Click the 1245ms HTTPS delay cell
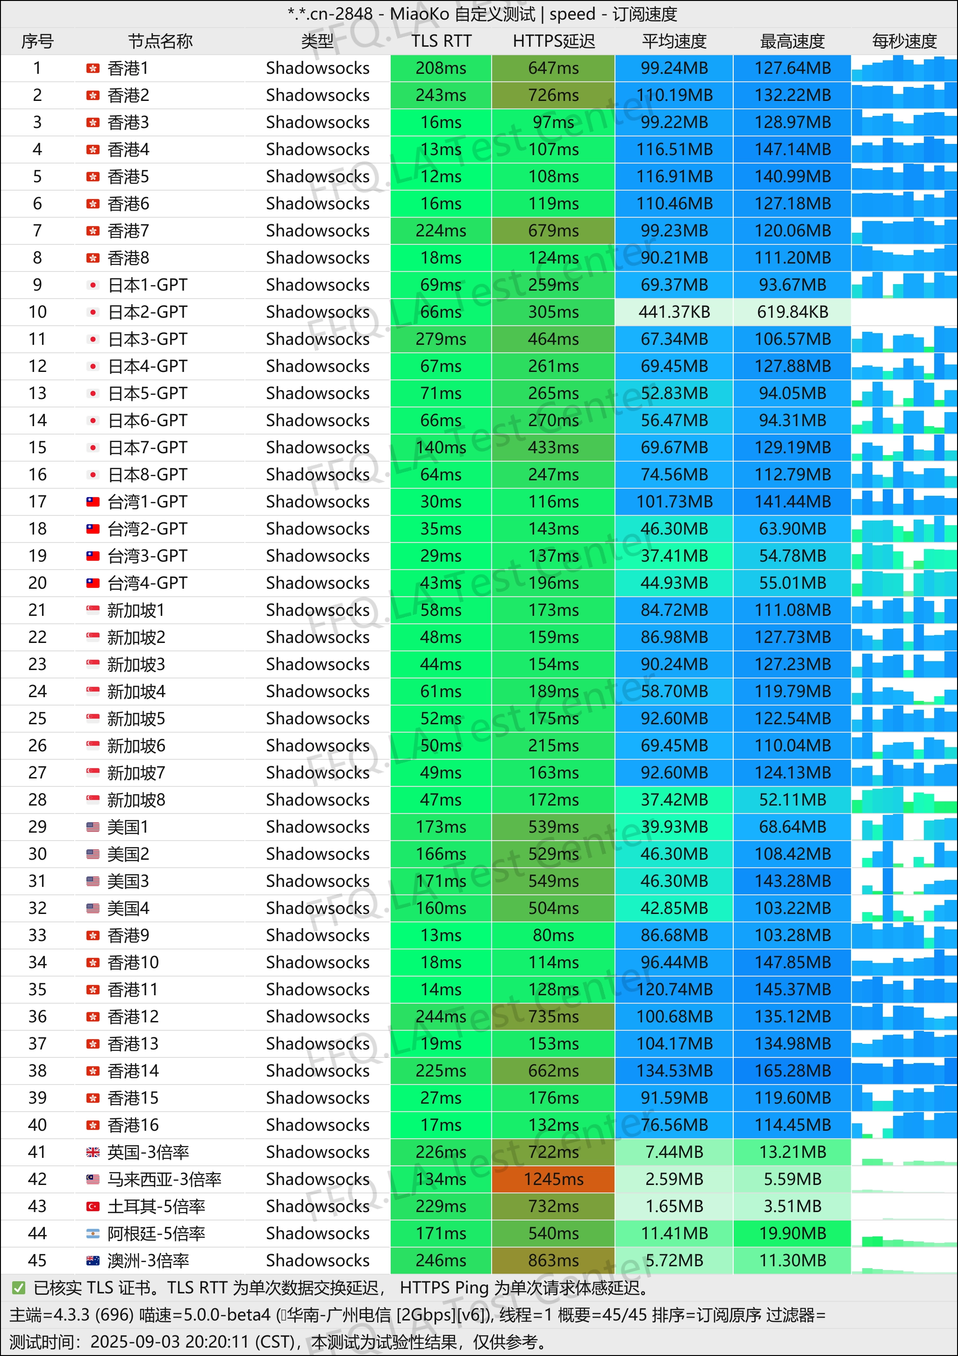553,1179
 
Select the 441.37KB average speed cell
674,312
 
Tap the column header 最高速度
792,41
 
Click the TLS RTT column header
441,41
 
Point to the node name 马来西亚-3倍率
164,1179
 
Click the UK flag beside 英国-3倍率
93,1152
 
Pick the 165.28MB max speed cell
792,1071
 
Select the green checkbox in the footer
18,1287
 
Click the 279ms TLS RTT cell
441,339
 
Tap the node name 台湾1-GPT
147,502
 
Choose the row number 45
37,1260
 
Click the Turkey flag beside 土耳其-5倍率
93,1206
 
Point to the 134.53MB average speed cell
674,1071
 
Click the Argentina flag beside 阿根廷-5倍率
93,1234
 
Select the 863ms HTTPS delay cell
553,1260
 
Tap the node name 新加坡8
136,799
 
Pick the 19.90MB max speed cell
792,1234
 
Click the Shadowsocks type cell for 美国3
317,881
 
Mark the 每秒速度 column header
904,41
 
